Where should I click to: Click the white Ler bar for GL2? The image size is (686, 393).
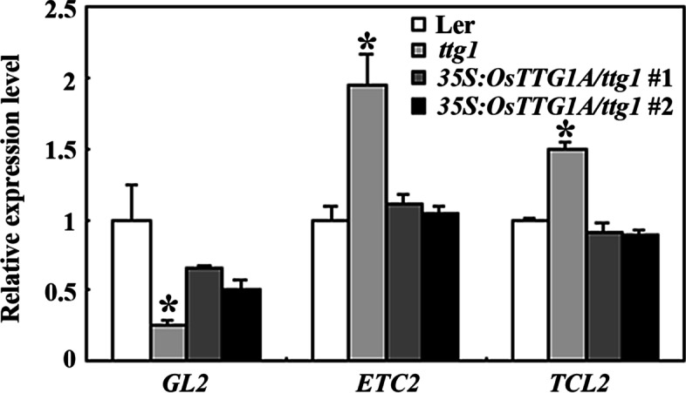click(x=132, y=289)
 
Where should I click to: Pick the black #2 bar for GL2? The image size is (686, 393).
click(x=242, y=323)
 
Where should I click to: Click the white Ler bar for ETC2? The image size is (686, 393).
click(x=330, y=289)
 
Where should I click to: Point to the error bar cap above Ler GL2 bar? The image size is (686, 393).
click(x=132, y=185)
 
